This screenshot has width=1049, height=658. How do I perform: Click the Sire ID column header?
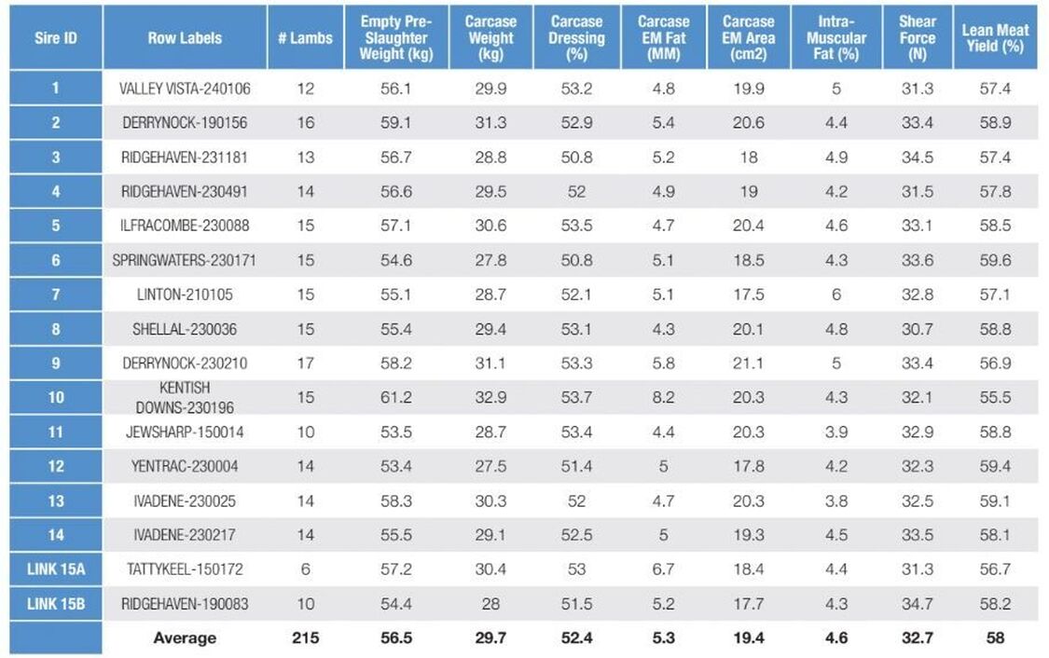tap(55, 38)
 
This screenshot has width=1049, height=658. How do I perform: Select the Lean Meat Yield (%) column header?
tap(995, 38)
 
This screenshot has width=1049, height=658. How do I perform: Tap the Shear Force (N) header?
tap(917, 38)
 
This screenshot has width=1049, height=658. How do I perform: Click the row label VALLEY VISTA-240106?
tap(185, 89)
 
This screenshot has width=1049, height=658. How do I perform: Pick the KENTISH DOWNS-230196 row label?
tap(185, 398)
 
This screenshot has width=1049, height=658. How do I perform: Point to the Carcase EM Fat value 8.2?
tap(664, 398)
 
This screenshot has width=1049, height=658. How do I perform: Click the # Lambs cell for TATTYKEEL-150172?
tap(307, 569)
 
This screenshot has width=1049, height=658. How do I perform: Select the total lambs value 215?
tap(307, 637)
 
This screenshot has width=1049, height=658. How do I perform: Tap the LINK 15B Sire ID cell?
tap(56, 603)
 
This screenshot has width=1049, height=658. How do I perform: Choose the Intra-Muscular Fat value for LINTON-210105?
tap(836, 295)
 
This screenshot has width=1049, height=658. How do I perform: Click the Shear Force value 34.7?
tap(917, 603)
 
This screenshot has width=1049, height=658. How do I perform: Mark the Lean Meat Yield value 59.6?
tap(995, 261)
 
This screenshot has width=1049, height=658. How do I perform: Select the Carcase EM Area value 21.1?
tap(748, 363)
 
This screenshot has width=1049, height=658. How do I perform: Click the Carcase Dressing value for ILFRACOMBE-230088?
tap(576, 226)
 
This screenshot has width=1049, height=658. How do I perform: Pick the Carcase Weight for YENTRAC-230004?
tap(490, 466)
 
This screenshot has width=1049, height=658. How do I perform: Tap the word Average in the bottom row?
tap(185, 637)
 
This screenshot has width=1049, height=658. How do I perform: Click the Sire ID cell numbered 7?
tap(56, 295)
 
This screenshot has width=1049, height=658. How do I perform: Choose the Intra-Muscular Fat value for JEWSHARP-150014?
tap(836, 432)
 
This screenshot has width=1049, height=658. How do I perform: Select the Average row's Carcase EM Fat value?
tap(664, 637)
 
